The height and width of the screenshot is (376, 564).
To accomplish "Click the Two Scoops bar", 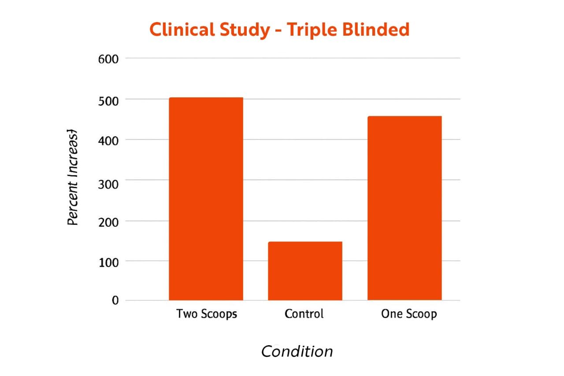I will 206,198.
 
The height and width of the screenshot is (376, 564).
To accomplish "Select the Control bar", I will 305,271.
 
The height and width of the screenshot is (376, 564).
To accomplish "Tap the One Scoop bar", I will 404,208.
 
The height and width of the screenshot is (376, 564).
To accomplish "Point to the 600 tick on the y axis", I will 108,59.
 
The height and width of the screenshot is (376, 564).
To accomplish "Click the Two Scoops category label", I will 207,314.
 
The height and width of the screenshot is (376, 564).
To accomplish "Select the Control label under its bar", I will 304,314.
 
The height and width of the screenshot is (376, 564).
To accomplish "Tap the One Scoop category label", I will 409,314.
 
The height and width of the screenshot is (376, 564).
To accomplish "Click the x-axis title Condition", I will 297,352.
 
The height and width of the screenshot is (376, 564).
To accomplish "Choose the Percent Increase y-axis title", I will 73,177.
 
